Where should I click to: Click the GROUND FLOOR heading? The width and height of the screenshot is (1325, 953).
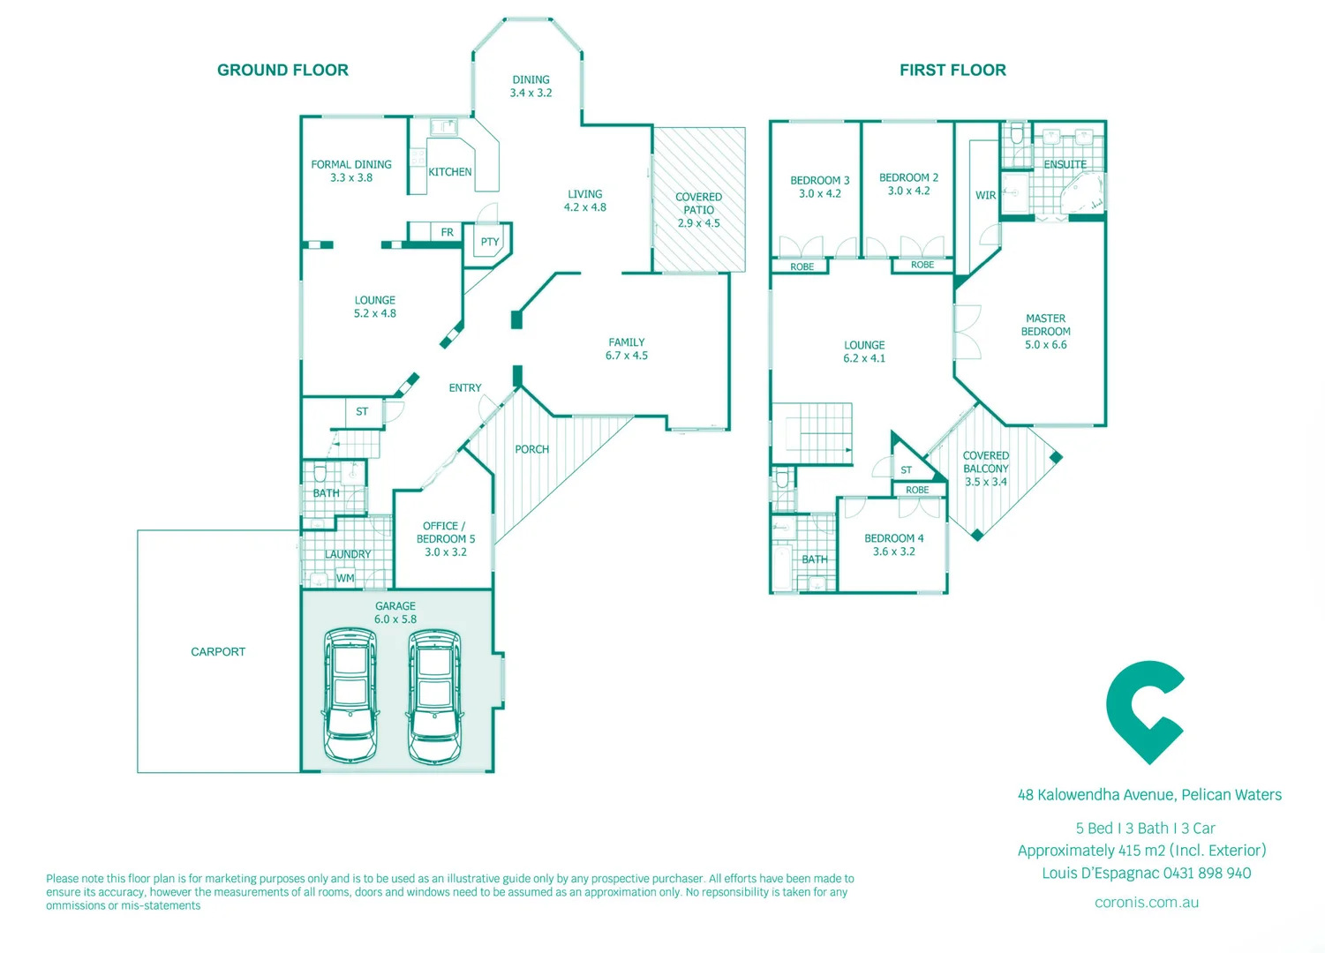(x=282, y=70)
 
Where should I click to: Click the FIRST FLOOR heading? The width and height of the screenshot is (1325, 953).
(x=952, y=70)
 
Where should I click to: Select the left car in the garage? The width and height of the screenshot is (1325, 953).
(x=350, y=695)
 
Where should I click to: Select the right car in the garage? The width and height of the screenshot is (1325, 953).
(x=434, y=695)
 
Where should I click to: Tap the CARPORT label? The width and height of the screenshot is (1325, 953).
(x=218, y=651)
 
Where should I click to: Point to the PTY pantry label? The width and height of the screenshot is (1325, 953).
(x=490, y=242)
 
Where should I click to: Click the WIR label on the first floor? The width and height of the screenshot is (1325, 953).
(x=985, y=195)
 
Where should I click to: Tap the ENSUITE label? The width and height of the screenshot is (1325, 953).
(x=1065, y=164)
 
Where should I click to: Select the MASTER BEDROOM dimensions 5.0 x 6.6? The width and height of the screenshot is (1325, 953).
(x=1045, y=345)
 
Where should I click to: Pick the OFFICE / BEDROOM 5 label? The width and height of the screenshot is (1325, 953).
(x=446, y=532)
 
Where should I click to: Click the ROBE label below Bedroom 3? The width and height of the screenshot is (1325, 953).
(x=802, y=266)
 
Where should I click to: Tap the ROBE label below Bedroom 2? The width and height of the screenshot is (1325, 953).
(x=922, y=265)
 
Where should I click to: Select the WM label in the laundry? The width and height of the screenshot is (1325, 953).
(x=345, y=579)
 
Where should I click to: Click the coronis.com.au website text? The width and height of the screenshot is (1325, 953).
(x=1146, y=902)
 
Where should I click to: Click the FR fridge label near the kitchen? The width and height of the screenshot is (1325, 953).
(x=447, y=232)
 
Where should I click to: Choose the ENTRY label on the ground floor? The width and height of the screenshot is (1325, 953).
(x=464, y=387)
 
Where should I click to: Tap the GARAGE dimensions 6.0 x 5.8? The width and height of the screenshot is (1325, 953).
(x=395, y=619)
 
